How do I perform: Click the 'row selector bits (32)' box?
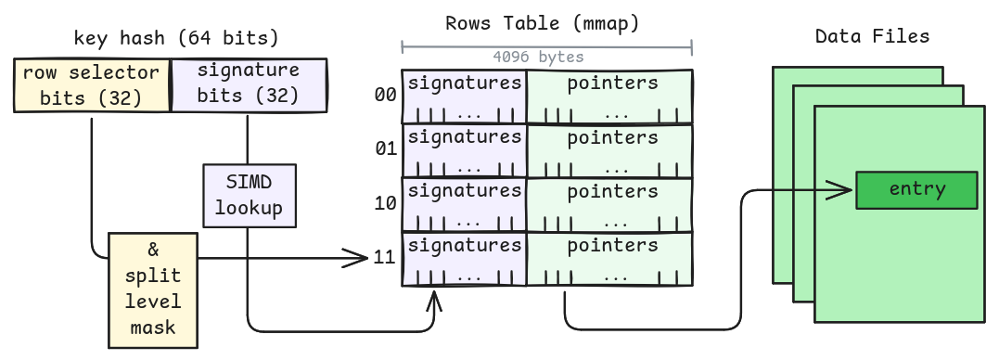pyautogui.click(x=92, y=84)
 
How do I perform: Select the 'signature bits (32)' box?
pyautogui.click(x=249, y=84)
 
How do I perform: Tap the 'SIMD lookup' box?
pyautogui.click(x=249, y=195)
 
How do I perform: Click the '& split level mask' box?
pyautogui.click(x=153, y=289)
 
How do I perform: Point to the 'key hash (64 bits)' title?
pyautogui.click(x=176, y=38)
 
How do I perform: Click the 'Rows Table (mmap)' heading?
pyautogui.click(x=543, y=22)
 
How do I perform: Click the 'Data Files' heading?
pyautogui.click(x=872, y=36)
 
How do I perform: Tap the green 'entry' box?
pyautogui.click(x=916, y=189)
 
